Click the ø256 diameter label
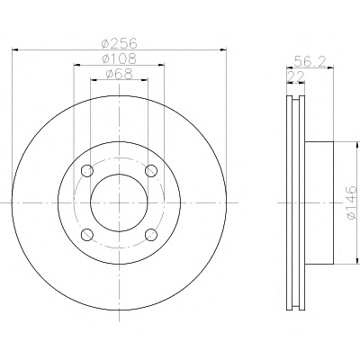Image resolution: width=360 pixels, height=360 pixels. (x=120, y=43)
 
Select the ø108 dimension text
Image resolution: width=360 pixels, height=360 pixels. (x=120, y=58)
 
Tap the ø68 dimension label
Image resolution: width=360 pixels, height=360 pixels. (x=120, y=74)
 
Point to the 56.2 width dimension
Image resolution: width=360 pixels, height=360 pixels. (x=310, y=61)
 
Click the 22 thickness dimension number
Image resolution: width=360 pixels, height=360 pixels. (x=296, y=76)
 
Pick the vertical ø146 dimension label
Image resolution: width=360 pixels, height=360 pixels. (x=352, y=202)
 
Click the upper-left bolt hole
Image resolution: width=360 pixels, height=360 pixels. (x=87, y=171)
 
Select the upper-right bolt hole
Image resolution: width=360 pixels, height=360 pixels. (x=151, y=171)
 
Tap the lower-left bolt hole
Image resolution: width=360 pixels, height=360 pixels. (x=87, y=234)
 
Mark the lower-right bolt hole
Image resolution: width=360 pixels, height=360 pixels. (x=151, y=234)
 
